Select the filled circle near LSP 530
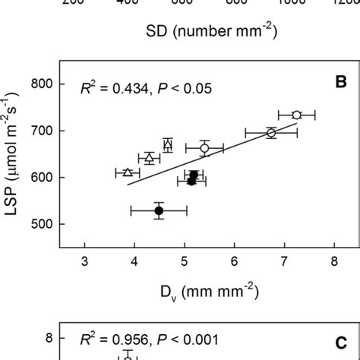point(159,210)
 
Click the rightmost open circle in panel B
point(297,115)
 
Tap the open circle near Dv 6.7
point(271,133)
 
